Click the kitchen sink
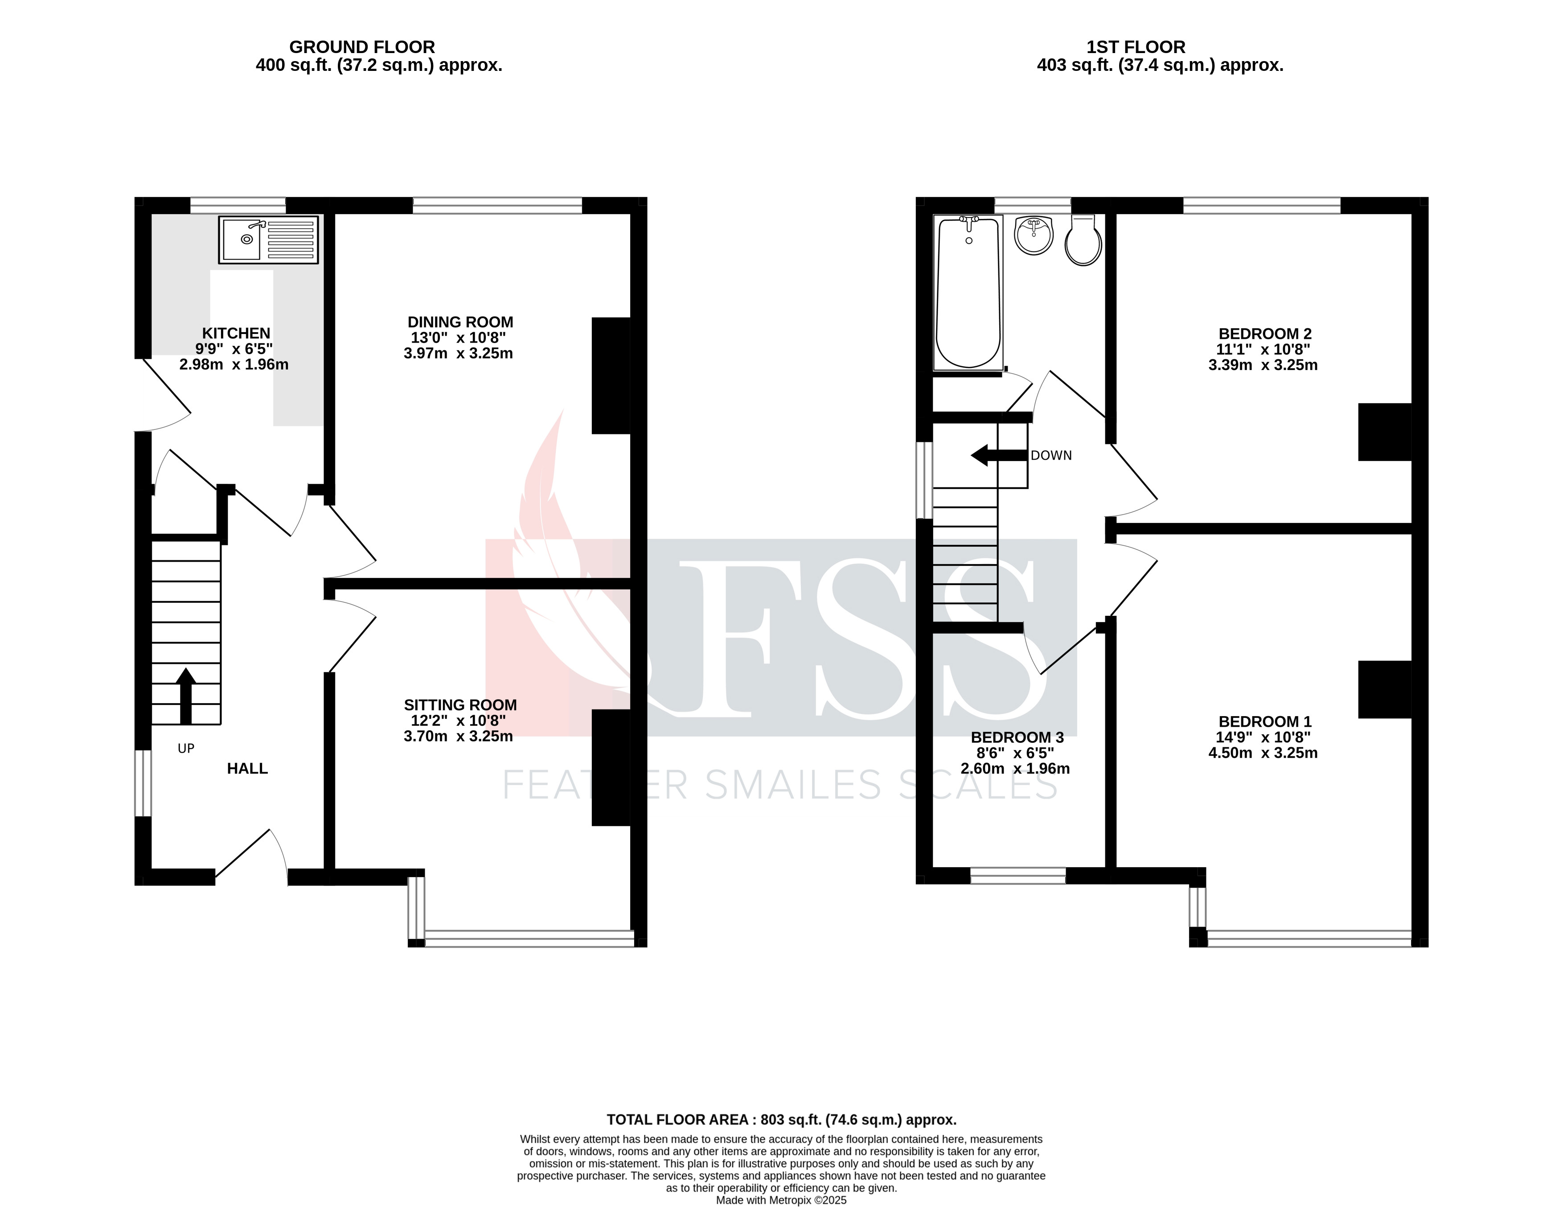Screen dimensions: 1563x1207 click(268, 240)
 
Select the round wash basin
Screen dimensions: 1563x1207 click(1034, 234)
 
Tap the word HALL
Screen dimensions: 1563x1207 click(247, 769)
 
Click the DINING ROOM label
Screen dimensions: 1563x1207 click(460, 322)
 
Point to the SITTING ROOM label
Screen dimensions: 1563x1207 click(460, 705)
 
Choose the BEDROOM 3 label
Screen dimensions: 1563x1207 click(1017, 737)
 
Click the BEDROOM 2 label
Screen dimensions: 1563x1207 click(1264, 334)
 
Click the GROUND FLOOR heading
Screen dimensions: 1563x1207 click(362, 47)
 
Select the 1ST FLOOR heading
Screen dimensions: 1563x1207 click(1136, 47)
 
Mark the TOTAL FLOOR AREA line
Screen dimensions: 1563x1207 click(782, 1120)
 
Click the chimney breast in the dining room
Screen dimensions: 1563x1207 click(611, 376)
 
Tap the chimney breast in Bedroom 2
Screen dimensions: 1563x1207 click(1385, 432)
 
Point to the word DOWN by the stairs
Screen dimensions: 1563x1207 click(1051, 455)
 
